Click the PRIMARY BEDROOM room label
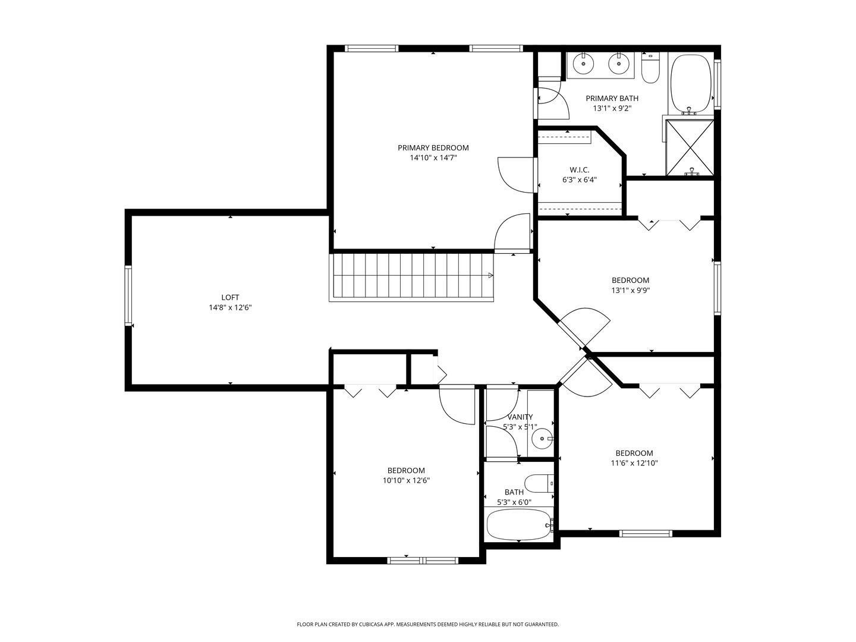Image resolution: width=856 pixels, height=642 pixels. click(433, 148)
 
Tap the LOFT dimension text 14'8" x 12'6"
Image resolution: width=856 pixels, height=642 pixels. click(230, 307)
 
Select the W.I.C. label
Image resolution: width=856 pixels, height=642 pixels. click(579, 170)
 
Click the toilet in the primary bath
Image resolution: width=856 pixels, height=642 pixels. click(650, 68)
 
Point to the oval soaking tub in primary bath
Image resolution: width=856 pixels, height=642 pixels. click(691, 84)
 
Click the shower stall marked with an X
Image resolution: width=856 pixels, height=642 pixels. click(690, 148)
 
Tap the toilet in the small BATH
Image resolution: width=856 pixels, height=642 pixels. click(539, 483)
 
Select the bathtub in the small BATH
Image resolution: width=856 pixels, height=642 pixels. click(519, 525)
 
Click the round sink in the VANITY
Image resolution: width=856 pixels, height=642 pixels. click(543, 439)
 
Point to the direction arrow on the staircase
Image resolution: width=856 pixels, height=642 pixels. click(490, 276)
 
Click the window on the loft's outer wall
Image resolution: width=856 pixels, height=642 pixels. click(128, 295)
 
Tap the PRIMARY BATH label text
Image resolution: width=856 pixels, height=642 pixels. click(612, 99)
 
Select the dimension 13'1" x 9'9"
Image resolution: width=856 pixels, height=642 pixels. click(630, 291)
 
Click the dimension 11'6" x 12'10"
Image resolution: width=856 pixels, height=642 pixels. click(634, 463)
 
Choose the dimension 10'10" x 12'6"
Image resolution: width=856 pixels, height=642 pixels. click(406, 481)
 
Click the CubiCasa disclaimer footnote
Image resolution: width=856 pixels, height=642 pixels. click(428, 624)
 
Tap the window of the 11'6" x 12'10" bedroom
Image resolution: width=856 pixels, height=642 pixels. click(646, 533)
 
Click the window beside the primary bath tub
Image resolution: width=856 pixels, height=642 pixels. click(717, 83)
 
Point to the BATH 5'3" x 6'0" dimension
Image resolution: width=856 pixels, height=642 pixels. click(514, 502)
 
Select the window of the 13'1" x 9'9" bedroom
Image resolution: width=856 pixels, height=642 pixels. click(717, 288)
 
